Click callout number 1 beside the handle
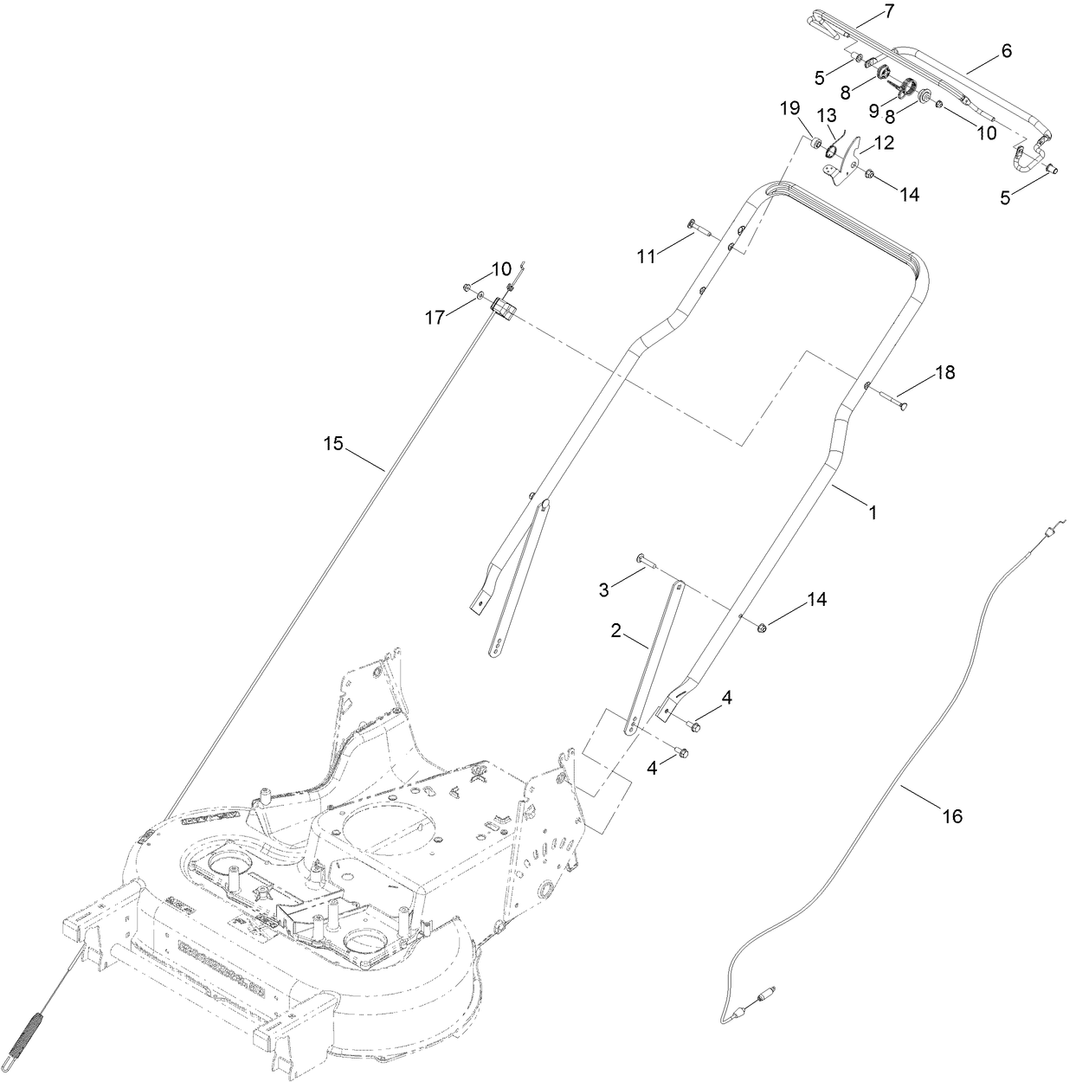point(873,512)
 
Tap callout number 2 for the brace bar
point(616,631)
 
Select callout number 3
point(604,589)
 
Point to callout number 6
point(1006,51)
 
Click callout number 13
point(828,115)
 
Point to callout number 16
point(951,815)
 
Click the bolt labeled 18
point(892,401)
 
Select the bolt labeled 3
point(649,561)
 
